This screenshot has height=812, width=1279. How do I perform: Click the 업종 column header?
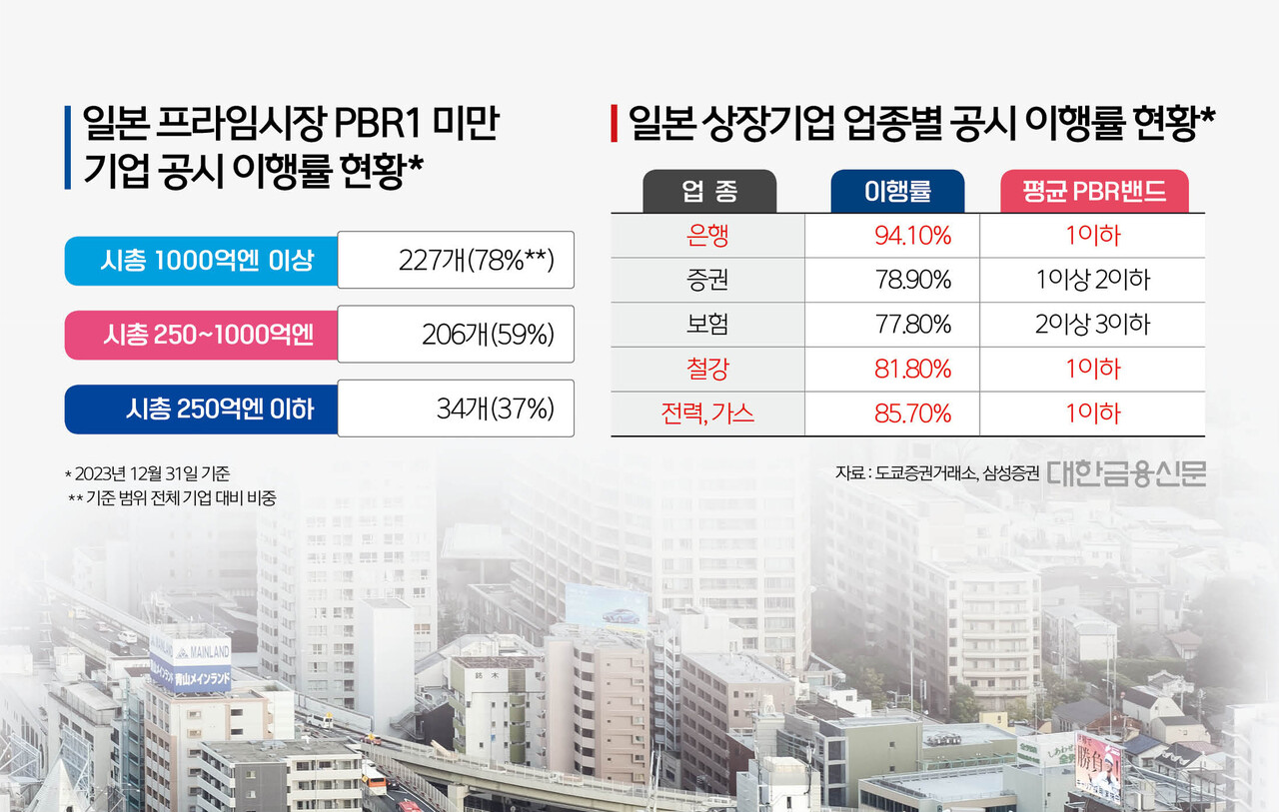click(x=708, y=191)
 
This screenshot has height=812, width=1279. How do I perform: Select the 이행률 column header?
click(x=897, y=191)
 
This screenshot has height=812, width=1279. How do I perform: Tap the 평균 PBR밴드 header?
click(x=1094, y=191)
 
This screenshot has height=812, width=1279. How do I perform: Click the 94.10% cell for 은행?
click(x=912, y=236)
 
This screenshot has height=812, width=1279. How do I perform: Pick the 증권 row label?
click(x=708, y=280)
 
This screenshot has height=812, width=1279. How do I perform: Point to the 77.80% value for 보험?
click(x=912, y=325)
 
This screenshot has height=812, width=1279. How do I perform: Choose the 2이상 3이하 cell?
click(x=1093, y=325)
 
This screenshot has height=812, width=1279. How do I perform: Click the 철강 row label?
click(x=708, y=370)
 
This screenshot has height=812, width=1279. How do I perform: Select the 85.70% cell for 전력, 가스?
click(x=912, y=413)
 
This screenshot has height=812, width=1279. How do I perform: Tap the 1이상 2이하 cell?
click(x=1093, y=280)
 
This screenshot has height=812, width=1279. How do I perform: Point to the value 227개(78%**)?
click(x=475, y=261)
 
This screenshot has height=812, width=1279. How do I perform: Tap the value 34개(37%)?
click(x=495, y=408)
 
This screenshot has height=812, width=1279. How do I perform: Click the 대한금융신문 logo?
click(x=1126, y=472)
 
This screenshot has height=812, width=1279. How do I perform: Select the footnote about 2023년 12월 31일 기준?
click(x=147, y=473)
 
